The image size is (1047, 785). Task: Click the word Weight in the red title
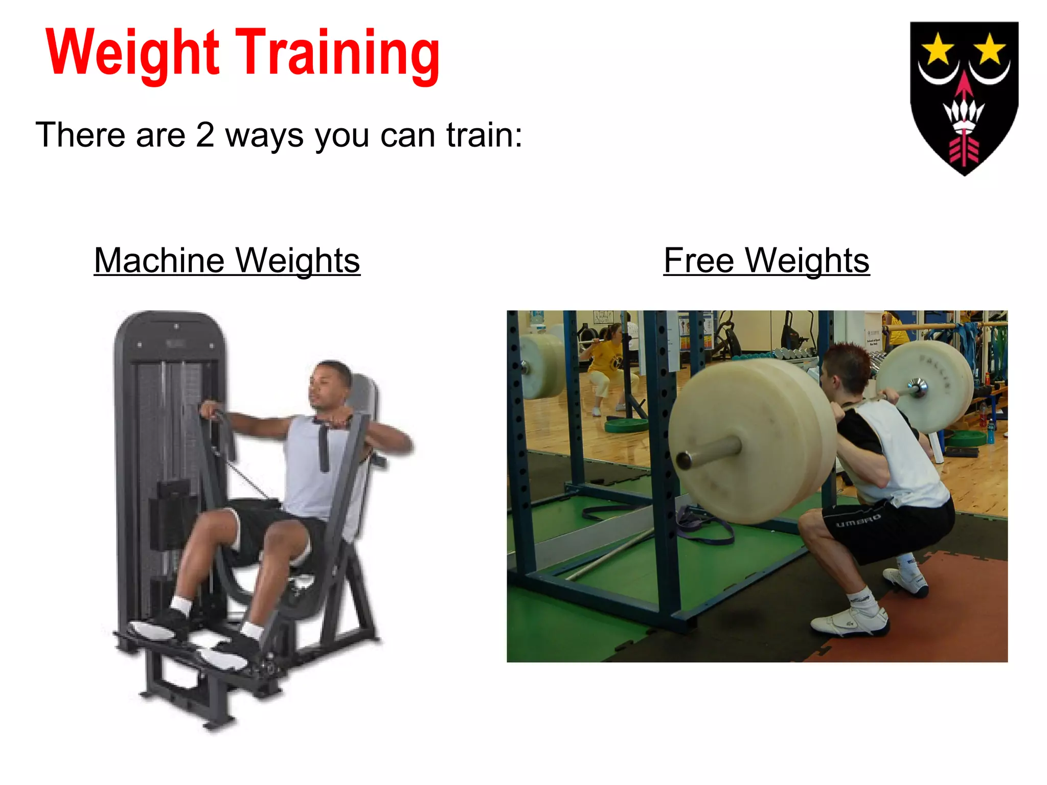pos(133,54)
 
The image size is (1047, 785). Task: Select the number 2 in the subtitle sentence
pos(204,135)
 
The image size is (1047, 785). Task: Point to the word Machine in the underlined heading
pos(159,261)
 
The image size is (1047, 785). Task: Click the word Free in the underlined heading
pos(699,261)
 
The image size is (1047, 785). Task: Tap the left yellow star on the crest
pos(938,50)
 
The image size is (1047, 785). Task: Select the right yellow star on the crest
pos(990,50)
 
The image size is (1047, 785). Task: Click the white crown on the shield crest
pos(964,115)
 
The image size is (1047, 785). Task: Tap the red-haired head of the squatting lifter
pos(846,365)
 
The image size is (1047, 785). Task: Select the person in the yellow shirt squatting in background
pos(608,368)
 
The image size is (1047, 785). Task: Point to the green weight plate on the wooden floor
pos(626,425)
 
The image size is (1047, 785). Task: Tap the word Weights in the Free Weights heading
pos(807,261)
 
